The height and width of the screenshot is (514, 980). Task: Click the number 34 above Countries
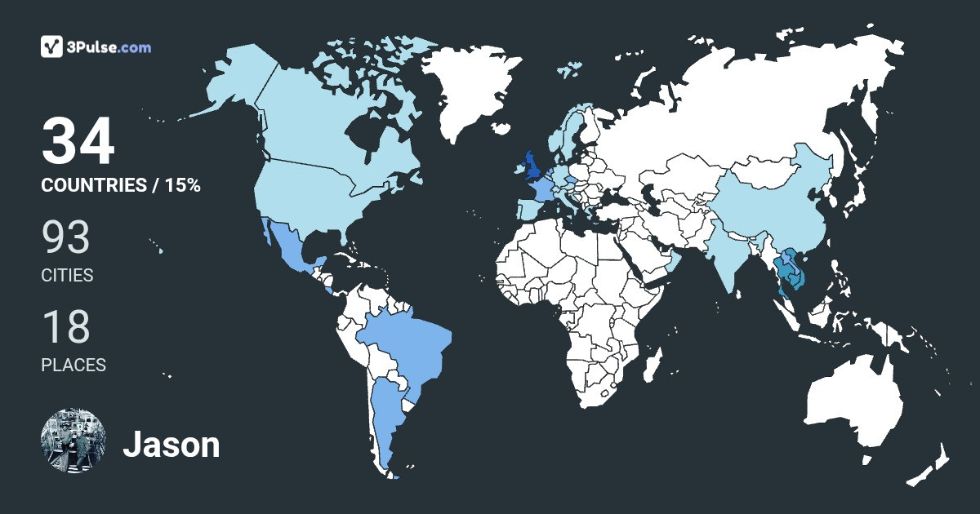(78, 142)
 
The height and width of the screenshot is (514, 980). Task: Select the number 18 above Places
(65, 326)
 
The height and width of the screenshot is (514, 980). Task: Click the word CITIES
(67, 276)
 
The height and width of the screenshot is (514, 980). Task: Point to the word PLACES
(73, 366)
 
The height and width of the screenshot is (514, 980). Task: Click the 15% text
(183, 185)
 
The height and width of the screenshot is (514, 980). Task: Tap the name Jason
(171, 445)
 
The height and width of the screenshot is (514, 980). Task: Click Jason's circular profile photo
(73, 441)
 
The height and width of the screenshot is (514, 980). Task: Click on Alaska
(237, 82)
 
